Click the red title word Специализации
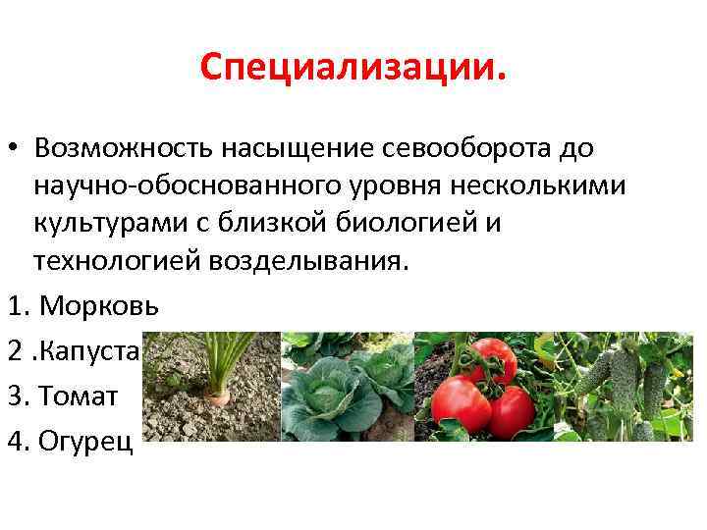point(353,70)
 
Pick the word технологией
point(109,260)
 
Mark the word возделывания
point(309,260)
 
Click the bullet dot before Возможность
point(16,149)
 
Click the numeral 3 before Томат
point(16,396)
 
